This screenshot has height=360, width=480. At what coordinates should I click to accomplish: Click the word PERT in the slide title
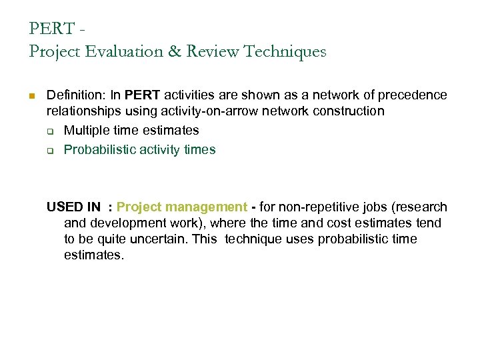point(52,29)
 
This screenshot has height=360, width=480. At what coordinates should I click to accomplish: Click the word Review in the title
point(216,51)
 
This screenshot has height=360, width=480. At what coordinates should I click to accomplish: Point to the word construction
point(345,111)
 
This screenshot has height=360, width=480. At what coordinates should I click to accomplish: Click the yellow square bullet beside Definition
point(32,96)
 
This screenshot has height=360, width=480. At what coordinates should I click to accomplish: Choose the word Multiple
point(86,131)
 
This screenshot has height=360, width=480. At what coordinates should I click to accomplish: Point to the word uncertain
point(153,239)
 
